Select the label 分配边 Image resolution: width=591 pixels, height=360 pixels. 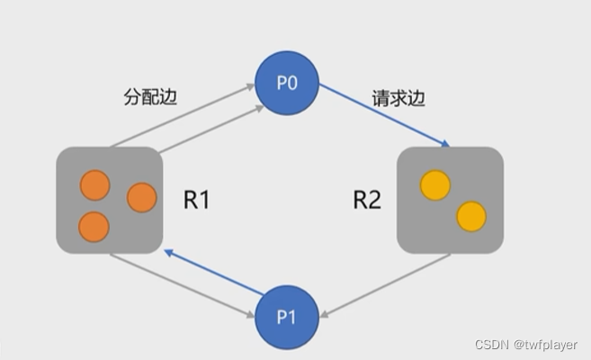148,96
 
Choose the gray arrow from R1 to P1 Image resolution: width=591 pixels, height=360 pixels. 180,283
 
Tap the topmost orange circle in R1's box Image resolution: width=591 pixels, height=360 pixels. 94,184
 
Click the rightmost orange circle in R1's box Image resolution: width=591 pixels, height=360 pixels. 141,197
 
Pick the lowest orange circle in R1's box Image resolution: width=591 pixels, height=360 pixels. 94,225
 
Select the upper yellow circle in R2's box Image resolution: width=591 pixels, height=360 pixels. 435,184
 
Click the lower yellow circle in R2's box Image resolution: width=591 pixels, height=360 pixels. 470,216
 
